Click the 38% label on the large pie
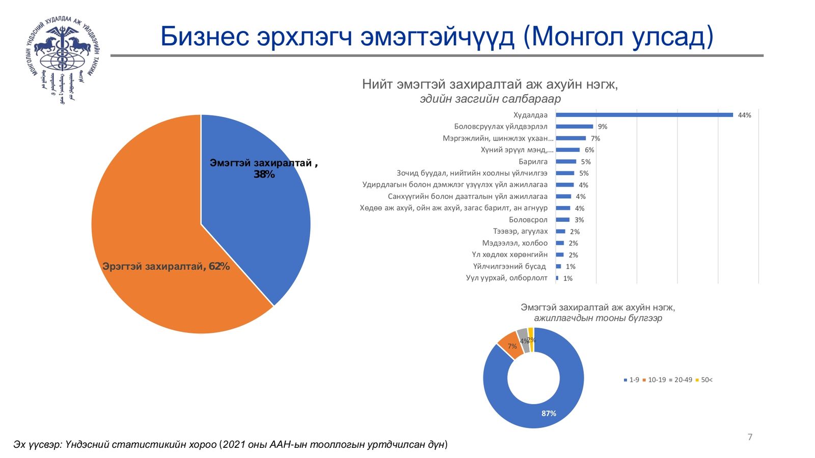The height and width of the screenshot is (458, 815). [264, 175]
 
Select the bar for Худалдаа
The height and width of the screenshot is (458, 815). [644, 115]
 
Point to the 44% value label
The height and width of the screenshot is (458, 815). [744, 116]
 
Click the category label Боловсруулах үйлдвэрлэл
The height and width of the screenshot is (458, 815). [501, 127]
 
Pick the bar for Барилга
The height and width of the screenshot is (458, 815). [566, 161]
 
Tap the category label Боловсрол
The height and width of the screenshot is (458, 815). [528, 220]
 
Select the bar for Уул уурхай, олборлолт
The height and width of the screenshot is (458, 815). [557, 278]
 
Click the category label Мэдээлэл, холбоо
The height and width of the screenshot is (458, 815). [515, 243]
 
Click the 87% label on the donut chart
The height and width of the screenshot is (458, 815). [549, 414]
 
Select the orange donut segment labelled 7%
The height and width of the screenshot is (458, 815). [511, 345]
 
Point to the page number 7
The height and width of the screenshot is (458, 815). [750, 437]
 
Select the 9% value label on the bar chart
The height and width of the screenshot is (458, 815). [603, 127]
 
